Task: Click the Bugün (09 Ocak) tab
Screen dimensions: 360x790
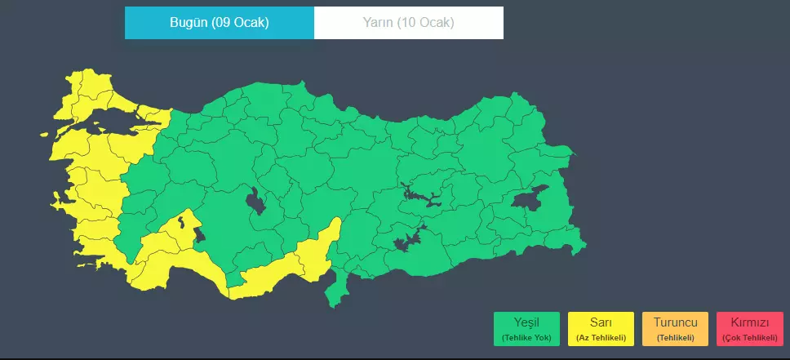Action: (x=219, y=23)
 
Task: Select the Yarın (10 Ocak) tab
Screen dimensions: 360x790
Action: (x=408, y=23)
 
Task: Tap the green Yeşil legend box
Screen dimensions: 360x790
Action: (x=527, y=328)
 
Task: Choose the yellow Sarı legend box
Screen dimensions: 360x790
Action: (x=601, y=328)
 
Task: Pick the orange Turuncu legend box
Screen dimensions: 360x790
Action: (x=675, y=328)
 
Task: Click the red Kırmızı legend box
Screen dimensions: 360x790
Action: (x=748, y=328)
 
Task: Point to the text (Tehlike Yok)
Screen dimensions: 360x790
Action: (x=527, y=338)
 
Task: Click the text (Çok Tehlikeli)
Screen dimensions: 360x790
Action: (x=748, y=338)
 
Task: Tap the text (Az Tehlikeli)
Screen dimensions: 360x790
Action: (x=601, y=338)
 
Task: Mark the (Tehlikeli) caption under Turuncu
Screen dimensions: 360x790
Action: (x=675, y=338)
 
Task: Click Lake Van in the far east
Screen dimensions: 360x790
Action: (x=530, y=199)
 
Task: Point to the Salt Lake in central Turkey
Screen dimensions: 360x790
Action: (x=256, y=201)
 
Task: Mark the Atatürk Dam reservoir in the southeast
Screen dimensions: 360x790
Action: (x=408, y=239)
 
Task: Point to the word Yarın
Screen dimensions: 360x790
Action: (x=379, y=23)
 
